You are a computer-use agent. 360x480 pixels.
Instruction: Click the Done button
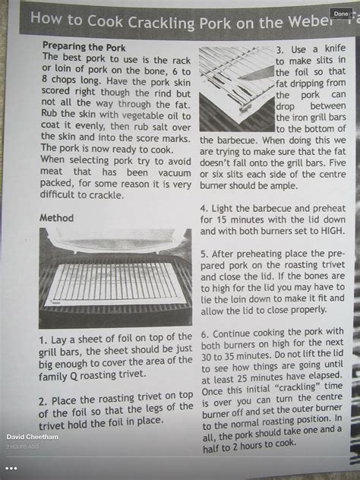[341, 14]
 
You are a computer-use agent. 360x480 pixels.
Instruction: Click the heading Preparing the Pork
[84, 47]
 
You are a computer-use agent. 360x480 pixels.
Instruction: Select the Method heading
[57, 218]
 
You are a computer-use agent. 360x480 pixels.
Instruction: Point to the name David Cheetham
[32, 437]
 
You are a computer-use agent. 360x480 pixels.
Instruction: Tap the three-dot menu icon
[11, 469]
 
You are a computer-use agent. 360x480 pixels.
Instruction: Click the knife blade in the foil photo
[257, 74]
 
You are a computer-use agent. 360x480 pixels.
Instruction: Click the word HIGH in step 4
[333, 231]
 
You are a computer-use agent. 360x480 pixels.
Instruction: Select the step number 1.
[43, 341]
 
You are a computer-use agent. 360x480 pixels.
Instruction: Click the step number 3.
[280, 49]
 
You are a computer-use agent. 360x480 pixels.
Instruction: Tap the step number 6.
[204, 334]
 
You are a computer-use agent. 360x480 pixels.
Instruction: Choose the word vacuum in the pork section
[175, 173]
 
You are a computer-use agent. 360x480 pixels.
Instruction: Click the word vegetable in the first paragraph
[144, 116]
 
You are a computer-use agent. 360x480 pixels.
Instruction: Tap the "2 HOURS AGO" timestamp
[22, 447]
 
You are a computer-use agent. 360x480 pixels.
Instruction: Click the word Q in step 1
[74, 376]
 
